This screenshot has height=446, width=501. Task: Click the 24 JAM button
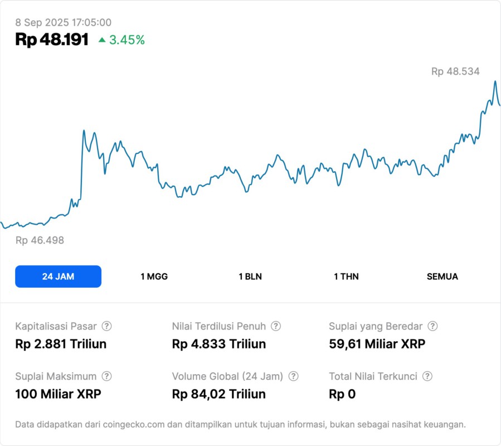pos(58,277)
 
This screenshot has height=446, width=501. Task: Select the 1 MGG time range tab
pos(154,277)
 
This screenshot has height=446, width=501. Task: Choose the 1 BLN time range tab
pos(250,277)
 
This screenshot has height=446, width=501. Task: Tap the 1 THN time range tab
pos(346,277)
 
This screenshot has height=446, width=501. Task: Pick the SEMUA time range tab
pos(442,277)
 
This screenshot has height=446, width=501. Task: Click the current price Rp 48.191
pos(52,40)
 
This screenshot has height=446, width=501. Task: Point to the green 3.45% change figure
pos(127,40)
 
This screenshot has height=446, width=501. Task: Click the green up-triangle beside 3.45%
pos(102,40)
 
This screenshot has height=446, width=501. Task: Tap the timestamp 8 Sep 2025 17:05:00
pos(64,23)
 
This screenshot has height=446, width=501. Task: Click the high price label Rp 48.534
pos(455,71)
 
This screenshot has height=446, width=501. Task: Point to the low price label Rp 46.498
pos(40,240)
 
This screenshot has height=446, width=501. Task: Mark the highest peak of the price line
pos(494,81)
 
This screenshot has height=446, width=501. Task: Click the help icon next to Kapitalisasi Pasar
pos(106,326)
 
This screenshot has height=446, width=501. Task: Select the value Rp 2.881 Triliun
pos(61,344)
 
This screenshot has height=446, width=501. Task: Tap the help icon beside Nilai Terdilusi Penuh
pos(276,326)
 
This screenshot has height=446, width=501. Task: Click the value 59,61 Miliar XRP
pos(377,344)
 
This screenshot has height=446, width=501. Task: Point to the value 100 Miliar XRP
pos(58,394)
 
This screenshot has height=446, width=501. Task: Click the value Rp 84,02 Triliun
pos(219,394)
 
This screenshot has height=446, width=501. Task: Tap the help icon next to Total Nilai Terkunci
pos(427,376)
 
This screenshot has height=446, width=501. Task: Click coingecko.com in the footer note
pos(133,425)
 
